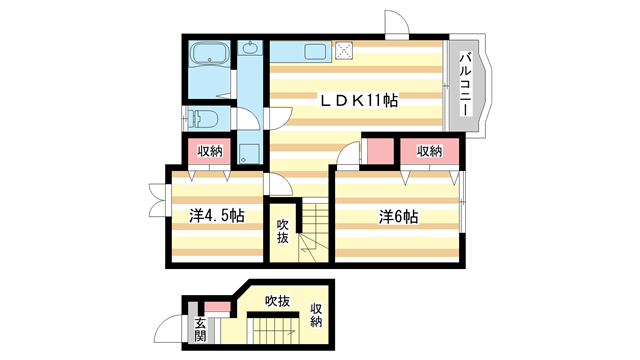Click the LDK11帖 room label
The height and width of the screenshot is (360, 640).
tap(360, 100)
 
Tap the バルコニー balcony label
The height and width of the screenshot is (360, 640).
tap(466, 84)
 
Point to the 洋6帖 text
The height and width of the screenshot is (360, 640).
tap(398, 215)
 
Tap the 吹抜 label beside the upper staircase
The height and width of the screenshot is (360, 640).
tap(283, 231)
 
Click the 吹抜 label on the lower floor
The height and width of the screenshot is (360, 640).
tap(277, 300)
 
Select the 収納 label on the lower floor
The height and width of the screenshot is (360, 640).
tap(316, 315)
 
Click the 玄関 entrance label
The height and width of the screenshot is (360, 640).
tap(200, 330)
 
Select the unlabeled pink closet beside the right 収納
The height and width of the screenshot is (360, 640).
tap(379, 151)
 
